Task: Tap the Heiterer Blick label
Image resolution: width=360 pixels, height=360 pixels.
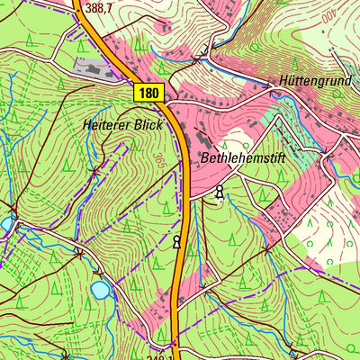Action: (x=122, y=125)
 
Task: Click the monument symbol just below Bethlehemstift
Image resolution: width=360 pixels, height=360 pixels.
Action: (x=219, y=191)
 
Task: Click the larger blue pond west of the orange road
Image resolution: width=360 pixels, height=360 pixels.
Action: (x=100, y=290)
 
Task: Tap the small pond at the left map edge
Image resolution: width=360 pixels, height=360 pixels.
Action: (x=4, y=222)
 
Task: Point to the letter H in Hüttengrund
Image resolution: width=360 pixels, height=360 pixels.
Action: (x=283, y=79)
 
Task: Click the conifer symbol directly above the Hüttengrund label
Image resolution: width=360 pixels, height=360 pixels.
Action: (x=300, y=61)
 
